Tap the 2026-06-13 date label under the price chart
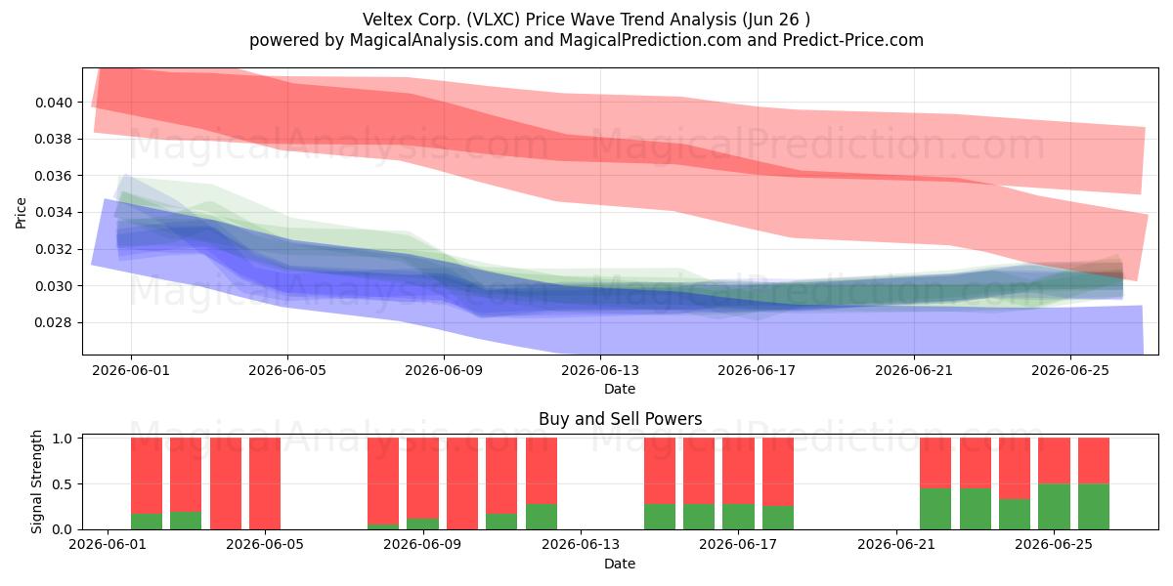[x=600, y=370]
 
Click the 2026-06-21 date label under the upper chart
[x=914, y=370]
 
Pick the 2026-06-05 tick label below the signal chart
[x=265, y=545]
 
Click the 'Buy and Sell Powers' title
[x=620, y=419]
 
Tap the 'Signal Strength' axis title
[x=36, y=481]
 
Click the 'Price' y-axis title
[x=21, y=213]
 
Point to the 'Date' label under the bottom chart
[x=620, y=564]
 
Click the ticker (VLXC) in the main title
[x=493, y=20]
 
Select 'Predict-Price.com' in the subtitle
[x=853, y=40]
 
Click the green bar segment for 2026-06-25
[x=1054, y=507]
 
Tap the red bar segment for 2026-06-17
[x=738, y=471]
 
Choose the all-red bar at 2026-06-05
[x=265, y=483]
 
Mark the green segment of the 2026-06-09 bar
[x=422, y=523]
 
